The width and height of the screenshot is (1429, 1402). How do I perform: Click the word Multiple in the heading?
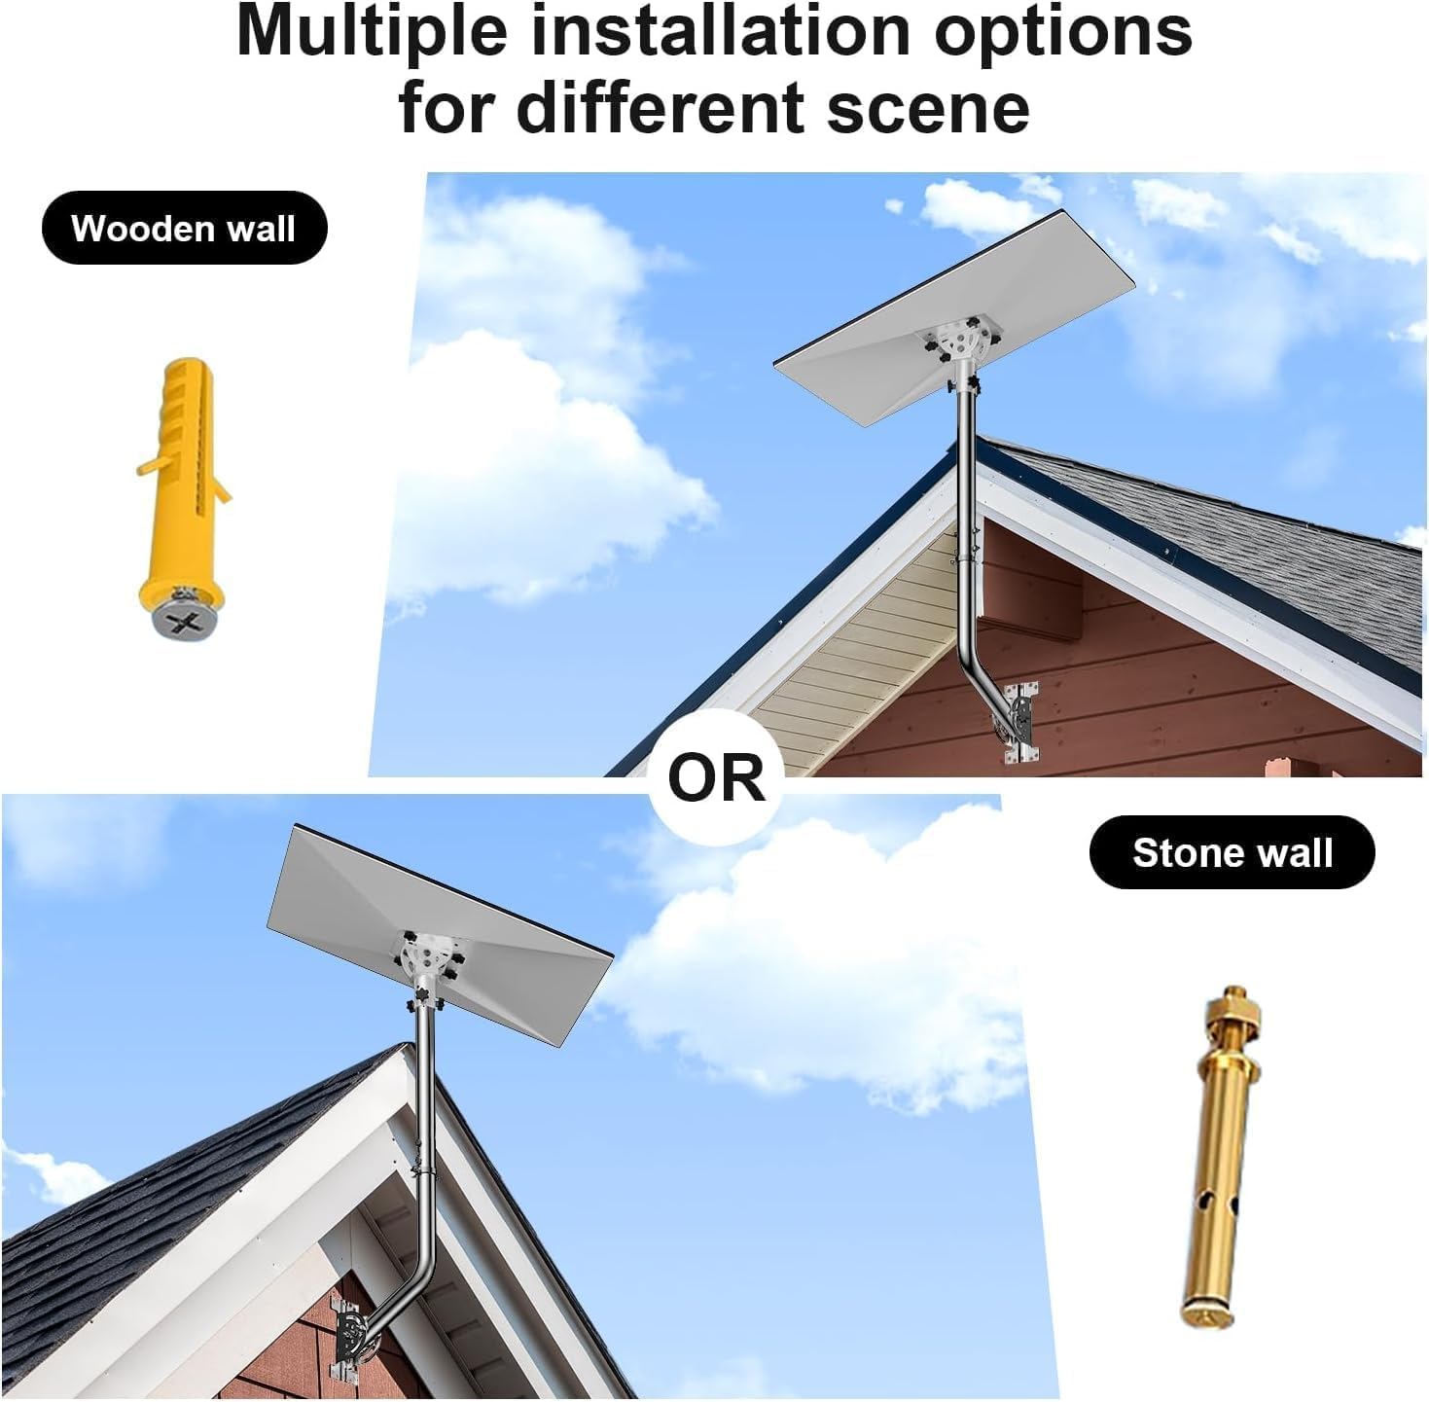[371, 31]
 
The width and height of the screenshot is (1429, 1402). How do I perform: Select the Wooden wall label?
[184, 229]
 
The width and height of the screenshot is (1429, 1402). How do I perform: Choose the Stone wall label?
[1232, 853]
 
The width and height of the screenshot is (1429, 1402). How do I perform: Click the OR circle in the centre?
[717, 777]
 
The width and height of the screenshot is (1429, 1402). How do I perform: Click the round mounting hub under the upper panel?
[956, 343]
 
